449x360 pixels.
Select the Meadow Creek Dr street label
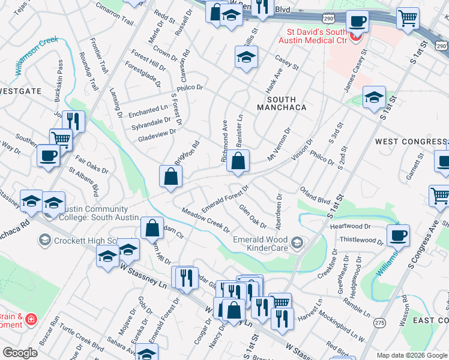point(206,220)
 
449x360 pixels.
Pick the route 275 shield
point(379,323)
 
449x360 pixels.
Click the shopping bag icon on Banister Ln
point(238,161)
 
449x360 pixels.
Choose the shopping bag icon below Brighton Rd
point(171,176)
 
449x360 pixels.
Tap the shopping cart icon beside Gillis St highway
point(408,18)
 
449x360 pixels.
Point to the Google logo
point(20,353)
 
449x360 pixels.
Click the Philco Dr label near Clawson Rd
point(190,88)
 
